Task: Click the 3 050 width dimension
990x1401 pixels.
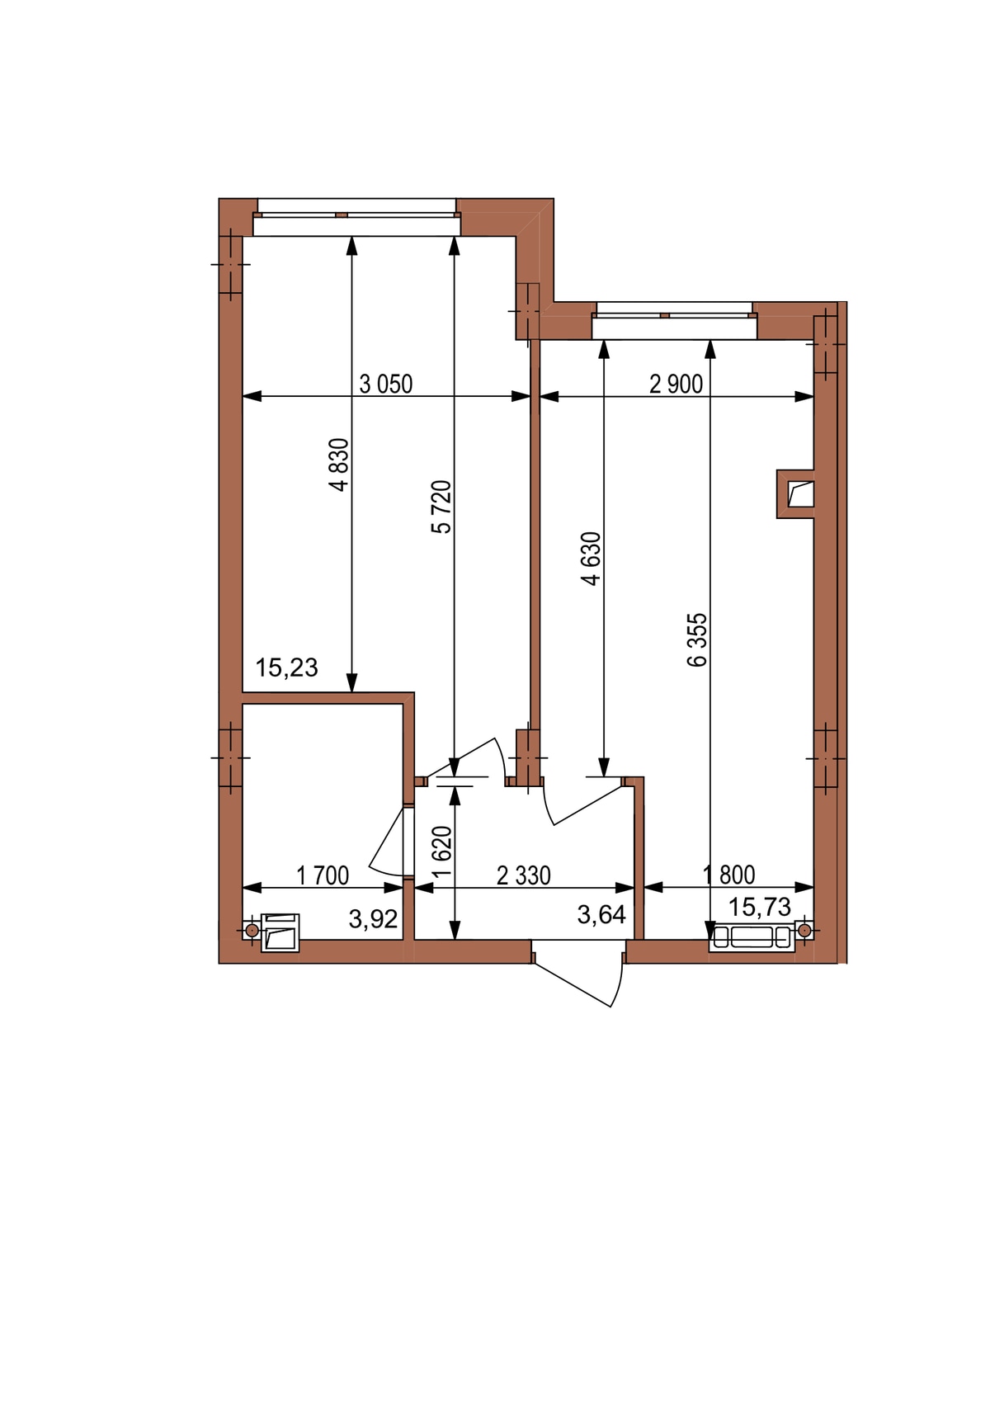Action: (x=385, y=384)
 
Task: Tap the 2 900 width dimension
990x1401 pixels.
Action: (x=676, y=384)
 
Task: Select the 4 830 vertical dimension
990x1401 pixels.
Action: (x=338, y=465)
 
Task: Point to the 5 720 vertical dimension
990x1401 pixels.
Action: (x=441, y=507)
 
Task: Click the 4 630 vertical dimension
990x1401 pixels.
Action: (x=591, y=559)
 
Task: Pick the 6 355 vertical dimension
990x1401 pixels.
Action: (x=696, y=639)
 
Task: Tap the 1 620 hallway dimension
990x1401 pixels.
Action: (x=442, y=851)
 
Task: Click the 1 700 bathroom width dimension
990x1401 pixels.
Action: (x=322, y=875)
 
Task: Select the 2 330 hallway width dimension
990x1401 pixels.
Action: (x=523, y=875)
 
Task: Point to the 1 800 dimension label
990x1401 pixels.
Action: (x=728, y=875)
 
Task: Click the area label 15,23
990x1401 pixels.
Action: (x=286, y=667)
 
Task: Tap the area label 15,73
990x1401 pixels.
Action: (x=759, y=906)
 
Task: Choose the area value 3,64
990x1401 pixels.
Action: (x=601, y=914)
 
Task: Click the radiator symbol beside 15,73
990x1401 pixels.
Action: (x=752, y=937)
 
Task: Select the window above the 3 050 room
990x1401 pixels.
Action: (x=356, y=217)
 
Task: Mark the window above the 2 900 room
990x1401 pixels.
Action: (x=674, y=320)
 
